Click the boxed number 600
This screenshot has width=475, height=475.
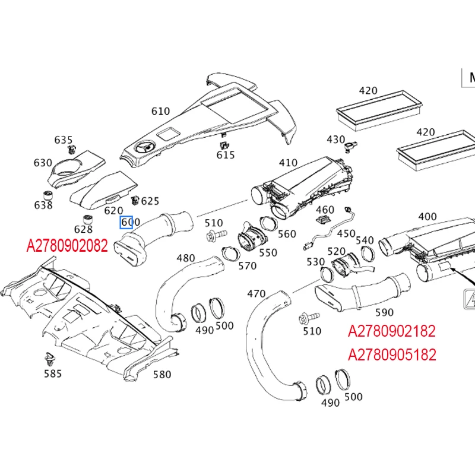click(130, 223)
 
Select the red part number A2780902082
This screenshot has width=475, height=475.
click(67, 245)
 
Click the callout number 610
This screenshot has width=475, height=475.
click(160, 111)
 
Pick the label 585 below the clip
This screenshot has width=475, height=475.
click(52, 373)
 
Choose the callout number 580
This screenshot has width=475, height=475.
click(162, 374)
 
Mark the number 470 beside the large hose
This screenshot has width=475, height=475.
click(256, 293)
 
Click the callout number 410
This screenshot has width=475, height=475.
click(288, 162)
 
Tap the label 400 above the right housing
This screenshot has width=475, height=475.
click(427, 217)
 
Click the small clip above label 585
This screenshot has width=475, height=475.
click(50, 358)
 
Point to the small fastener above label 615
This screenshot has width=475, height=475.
click(224, 143)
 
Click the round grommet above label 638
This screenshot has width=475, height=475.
click(50, 195)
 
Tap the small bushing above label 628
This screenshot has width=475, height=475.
click(86, 217)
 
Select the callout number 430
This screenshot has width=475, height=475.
click(335, 139)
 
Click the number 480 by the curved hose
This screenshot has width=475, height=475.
click(186, 258)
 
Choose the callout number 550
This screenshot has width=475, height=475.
click(268, 252)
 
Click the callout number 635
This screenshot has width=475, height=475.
click(64, 140)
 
